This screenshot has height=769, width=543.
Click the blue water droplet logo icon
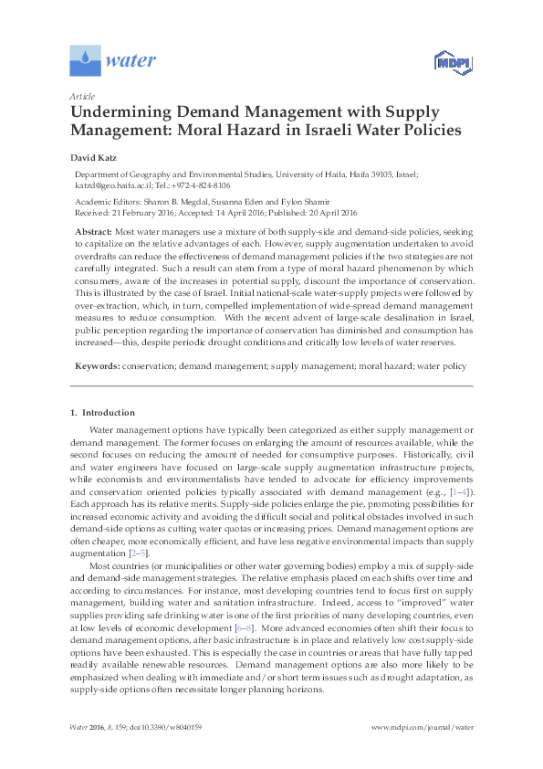click(85, 61)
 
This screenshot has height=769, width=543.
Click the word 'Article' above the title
click(81, 96)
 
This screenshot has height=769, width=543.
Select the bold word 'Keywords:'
click(96, 366)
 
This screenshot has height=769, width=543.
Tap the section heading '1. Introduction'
click(102, 413)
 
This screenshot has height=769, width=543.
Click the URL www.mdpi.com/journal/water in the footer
click(423, 753)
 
